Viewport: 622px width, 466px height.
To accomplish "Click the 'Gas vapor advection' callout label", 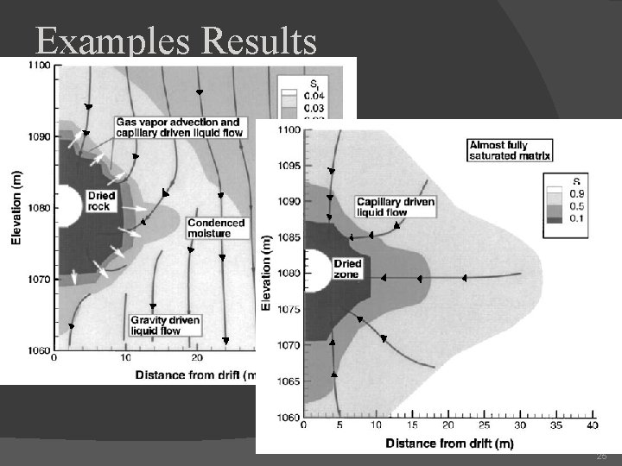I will [178, 127].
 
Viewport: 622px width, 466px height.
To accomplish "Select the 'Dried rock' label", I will [101, 201].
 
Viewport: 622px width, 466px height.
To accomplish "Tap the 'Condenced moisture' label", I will [216, 227].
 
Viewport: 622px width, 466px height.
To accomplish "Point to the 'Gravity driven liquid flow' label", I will [164, 324].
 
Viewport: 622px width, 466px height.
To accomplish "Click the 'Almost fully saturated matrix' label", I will [510, 150].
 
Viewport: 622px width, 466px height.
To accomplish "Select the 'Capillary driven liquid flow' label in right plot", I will [395, 206].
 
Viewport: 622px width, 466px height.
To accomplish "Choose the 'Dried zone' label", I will [348, 268].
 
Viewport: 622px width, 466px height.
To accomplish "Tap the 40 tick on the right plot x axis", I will [591, 425].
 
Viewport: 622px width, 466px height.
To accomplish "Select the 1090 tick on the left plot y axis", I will [39, 136].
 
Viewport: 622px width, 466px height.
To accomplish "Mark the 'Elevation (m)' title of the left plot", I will [16, 207].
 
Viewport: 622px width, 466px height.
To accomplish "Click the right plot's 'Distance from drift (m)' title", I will [448, 444].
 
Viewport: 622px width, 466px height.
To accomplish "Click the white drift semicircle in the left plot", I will [63, 207].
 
